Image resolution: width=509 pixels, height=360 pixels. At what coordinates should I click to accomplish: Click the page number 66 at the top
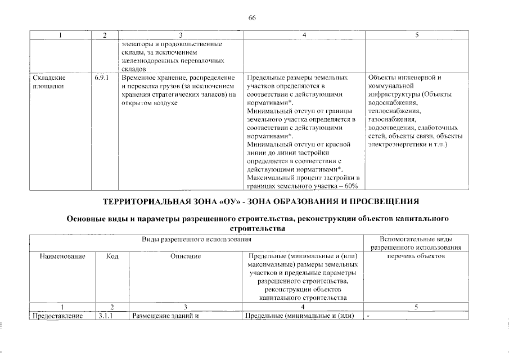click(x=252, y=18)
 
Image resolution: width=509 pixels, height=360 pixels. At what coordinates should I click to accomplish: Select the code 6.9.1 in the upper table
click(x=103, y=77)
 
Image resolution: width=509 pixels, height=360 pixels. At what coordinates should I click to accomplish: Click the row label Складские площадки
click(x=47, y=82)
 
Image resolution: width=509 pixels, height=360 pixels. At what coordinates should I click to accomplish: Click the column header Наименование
click(x=62, y=256)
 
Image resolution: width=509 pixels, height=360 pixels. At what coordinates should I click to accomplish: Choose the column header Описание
click(x=186, y=256)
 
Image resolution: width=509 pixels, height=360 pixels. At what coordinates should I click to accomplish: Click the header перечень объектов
click(x=417, y=256)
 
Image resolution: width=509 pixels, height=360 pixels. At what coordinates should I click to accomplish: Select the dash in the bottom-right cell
click(x=368, y=316)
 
